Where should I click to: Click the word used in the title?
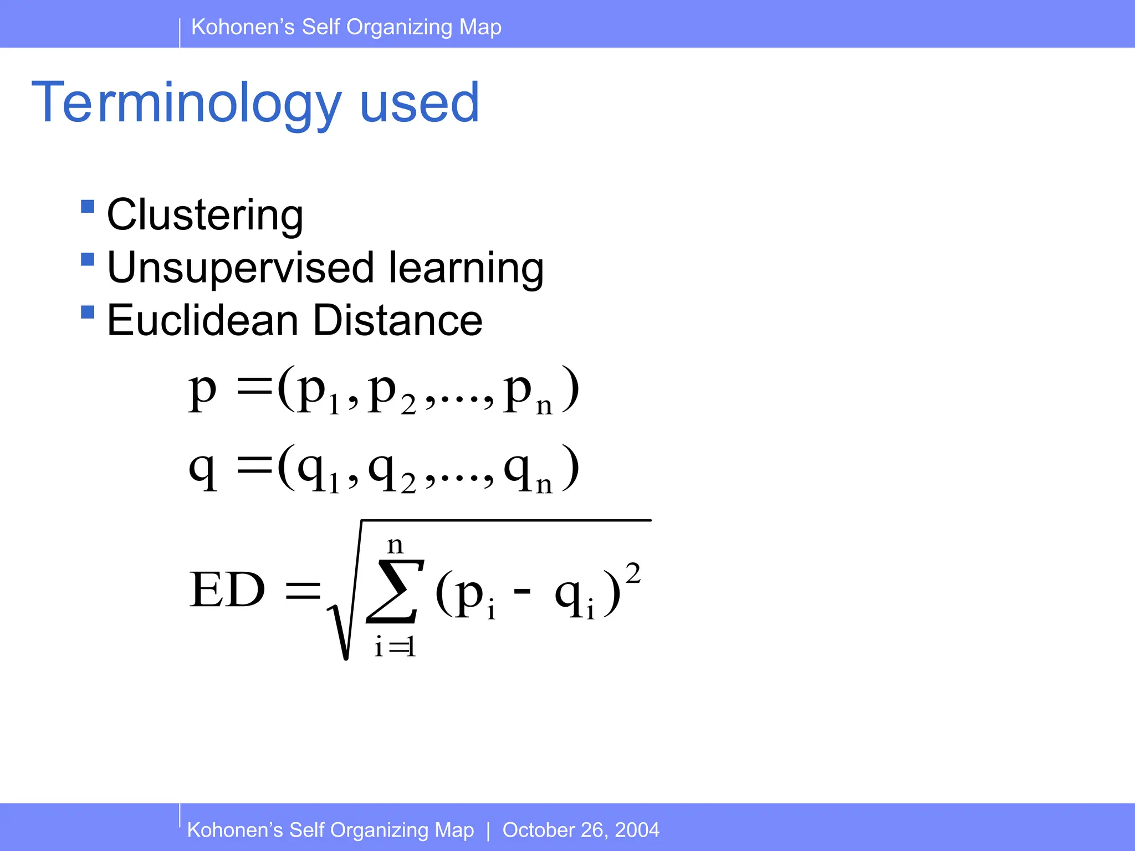pos(419,103)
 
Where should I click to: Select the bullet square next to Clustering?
pos(88,207)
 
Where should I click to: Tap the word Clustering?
pos(204,215)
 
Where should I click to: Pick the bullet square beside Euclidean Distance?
pos(88,312)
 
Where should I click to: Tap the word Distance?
pos(397,320)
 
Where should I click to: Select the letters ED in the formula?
pos(227,591)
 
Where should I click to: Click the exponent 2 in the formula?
pos(633,573)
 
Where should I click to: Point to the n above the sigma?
pos(395,545)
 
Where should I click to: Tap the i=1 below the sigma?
pos(395,647)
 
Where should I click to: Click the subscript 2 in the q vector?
pos(408,484)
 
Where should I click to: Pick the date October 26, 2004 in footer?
pos(580,830)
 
